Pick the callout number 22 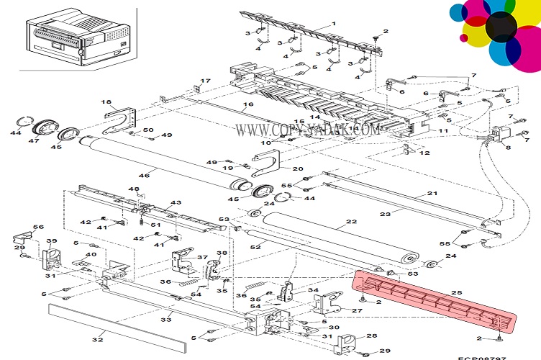pyautogui.click(x=351, y=222)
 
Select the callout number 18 pyautogui.click(x=105, y=102)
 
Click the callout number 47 pyautogui.click(x=33, y=141)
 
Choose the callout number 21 pyautogui.click(x=432, y=194)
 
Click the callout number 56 pyautogui.click(x=38, y=228)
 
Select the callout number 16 pyautogui.click(x=247, y=105)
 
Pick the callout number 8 pyautogui.click(x=508, y=148)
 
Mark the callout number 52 pyautogui.click(x=255, y=248)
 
